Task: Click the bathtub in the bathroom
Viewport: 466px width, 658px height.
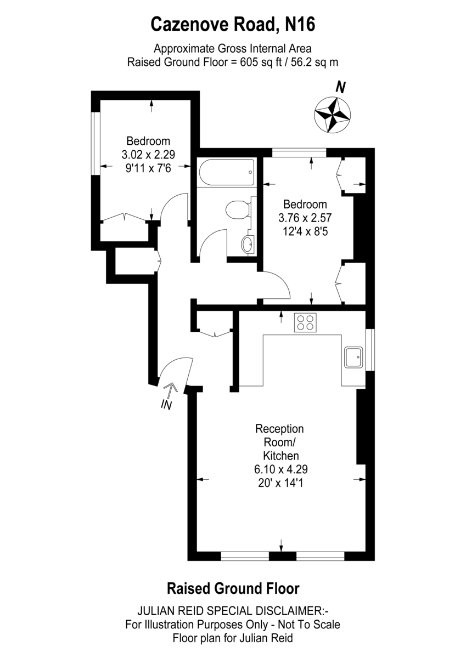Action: pos(226,172)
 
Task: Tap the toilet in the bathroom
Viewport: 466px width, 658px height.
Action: pos(238,209)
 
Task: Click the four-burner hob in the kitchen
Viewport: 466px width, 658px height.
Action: pos(306,322)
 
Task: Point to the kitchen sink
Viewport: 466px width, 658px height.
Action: pos(354,357)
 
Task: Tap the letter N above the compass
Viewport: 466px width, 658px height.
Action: pos(340,87)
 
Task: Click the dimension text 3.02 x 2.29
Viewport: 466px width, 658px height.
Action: pos(148,154)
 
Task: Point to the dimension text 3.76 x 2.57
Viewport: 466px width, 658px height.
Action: pos(305,218)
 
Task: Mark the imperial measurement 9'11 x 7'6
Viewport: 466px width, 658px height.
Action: pos(148,168)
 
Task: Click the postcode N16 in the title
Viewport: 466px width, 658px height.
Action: pos(300,24)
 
